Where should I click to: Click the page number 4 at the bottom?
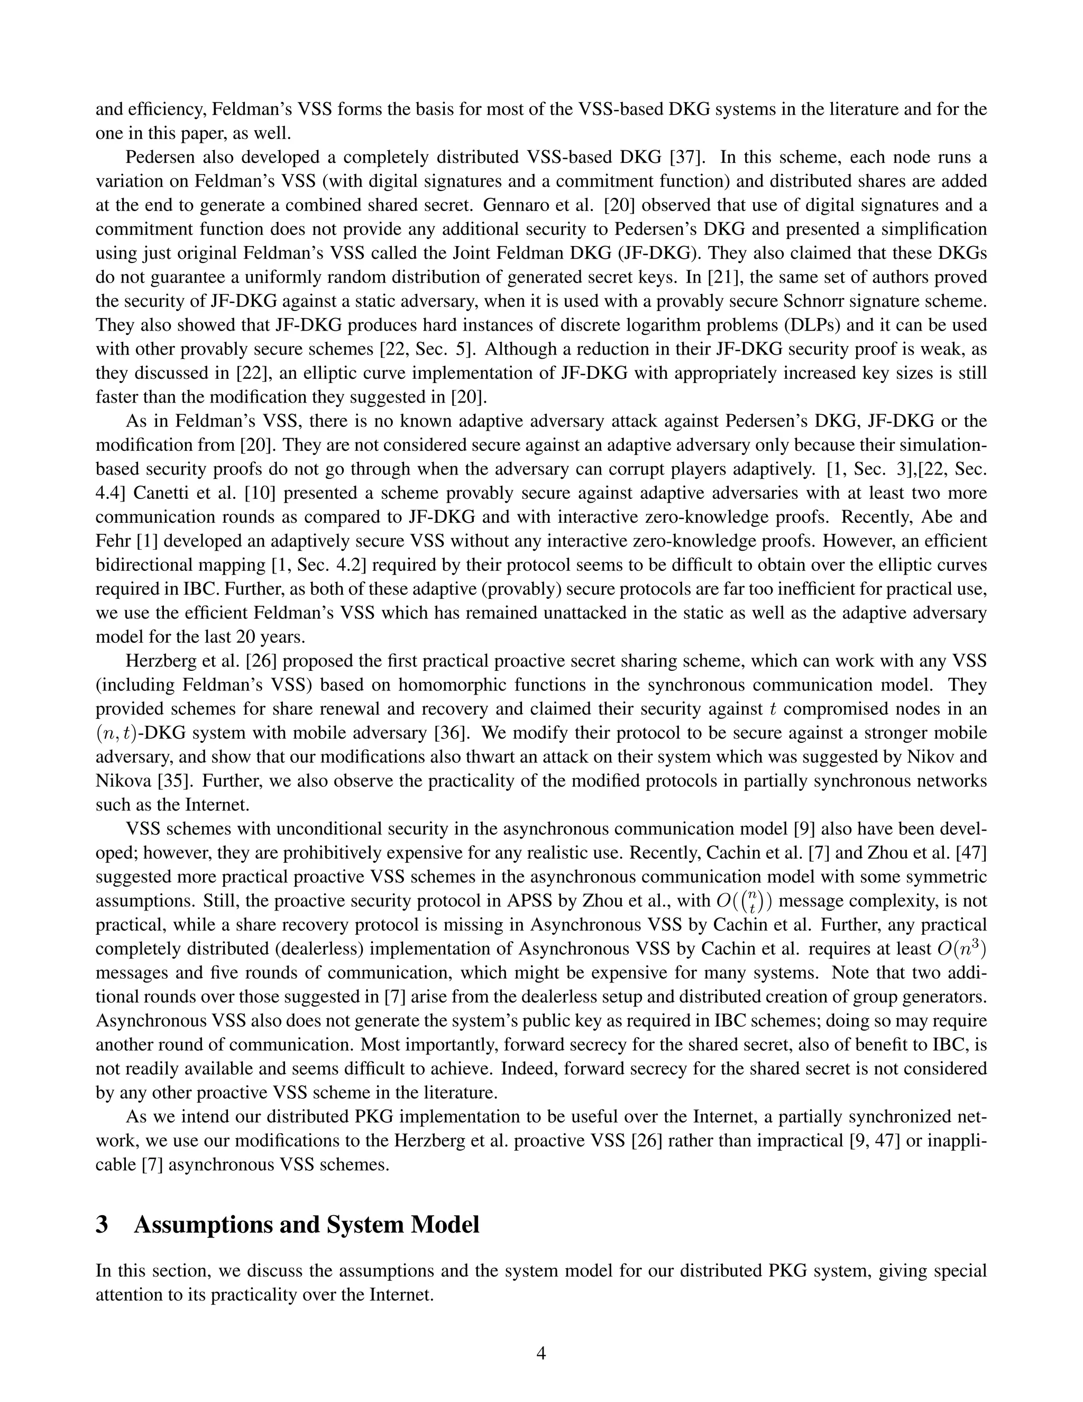click(x=541, y=1353)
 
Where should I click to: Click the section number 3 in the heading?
click(x=102, y=1225)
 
